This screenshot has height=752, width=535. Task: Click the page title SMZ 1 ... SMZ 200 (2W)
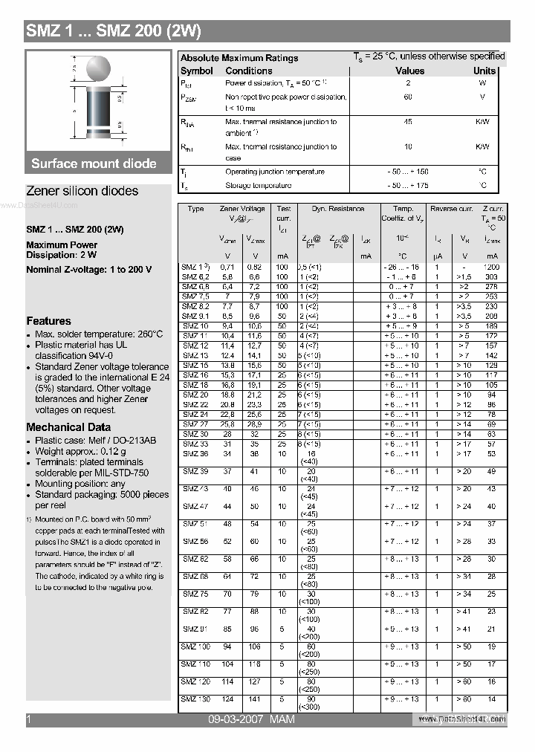click(x=114, y=31)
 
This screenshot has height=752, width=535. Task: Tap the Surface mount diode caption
click(x=94, y=163)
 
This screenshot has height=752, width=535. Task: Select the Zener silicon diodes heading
click(x=82, y=191)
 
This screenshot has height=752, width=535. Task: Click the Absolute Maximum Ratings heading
click(x=239, y=58)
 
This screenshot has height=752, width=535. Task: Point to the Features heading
click(x=48, y=321)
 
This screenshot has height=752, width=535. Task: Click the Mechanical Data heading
click(x=68, y=427)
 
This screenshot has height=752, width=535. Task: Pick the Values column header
click(x=409, y=71)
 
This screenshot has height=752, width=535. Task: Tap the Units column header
click(x=484, y=71)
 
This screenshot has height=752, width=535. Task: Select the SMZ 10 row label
click(x=195, y=326)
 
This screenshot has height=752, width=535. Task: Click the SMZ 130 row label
click(x=196, y=699)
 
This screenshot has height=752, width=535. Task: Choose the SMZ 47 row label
click(x=195, y=506)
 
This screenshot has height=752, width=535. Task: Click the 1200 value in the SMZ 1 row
click(x=490, y=267)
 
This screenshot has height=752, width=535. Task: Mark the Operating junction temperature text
click(x=274, y=172)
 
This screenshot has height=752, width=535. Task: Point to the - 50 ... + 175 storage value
click(x=408, y=186)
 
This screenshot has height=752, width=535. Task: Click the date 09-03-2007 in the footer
click(x=236, y=719)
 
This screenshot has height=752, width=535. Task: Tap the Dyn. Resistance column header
click(x=338, y=210)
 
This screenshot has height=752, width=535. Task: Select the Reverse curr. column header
click(x=452, y=210)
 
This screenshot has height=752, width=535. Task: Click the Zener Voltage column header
click(x=242, y=210)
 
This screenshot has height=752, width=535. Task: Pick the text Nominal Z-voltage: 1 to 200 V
click(x=88, y=270)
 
